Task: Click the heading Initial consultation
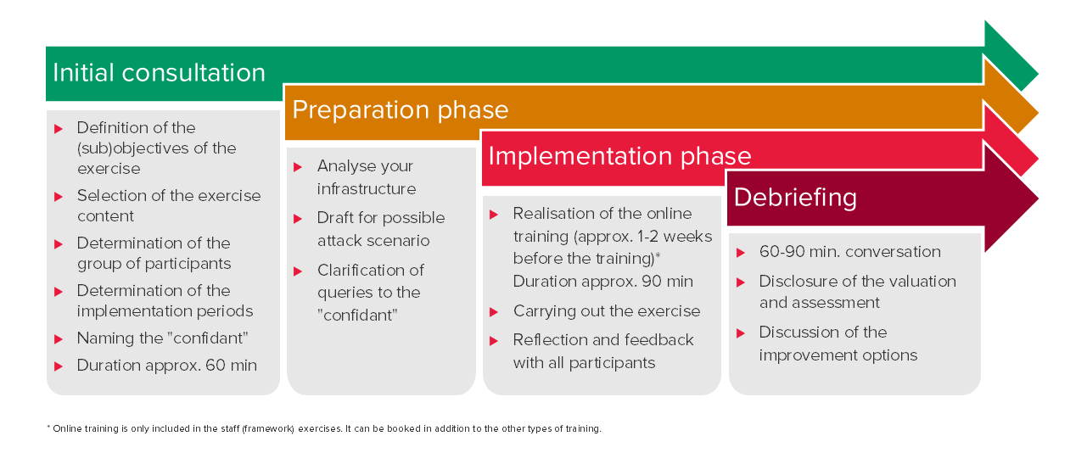click(160, 73)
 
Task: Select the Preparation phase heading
click(401, 110)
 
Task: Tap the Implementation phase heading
click(619, 156)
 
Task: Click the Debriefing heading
click(795, 198)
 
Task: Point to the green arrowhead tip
click(1038, 74)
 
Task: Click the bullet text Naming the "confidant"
click(163, 338)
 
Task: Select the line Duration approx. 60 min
click(167, 365)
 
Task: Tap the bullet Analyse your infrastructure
click(367, 177)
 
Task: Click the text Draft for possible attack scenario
click(381, 229)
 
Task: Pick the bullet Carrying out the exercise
click(607, 310)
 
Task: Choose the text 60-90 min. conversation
click(849, 252)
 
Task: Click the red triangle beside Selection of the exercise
click(59, 197)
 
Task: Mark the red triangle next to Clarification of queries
click(298, 271)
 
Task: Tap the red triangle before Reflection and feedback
click(494, 341)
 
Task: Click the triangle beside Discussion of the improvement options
click(741, 333)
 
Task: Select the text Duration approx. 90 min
click(603, 282)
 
